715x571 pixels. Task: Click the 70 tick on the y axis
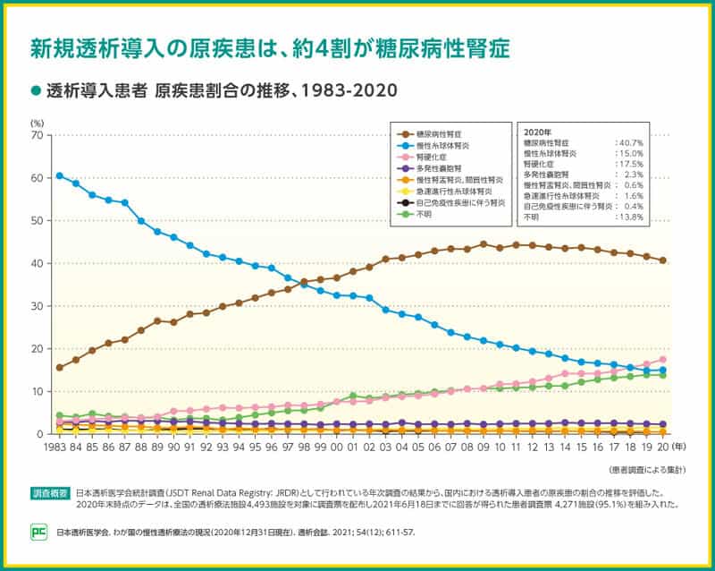37,135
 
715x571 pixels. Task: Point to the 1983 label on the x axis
56,448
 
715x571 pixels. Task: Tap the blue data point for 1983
59,175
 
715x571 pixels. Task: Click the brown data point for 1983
59,368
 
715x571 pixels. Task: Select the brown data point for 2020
662,260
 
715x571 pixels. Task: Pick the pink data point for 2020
662,359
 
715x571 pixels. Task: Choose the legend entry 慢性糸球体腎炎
444,144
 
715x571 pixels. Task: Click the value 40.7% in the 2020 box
630,142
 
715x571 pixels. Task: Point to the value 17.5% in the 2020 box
630,165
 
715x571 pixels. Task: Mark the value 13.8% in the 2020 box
630,217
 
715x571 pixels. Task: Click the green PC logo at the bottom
38,530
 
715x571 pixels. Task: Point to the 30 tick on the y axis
37,306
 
